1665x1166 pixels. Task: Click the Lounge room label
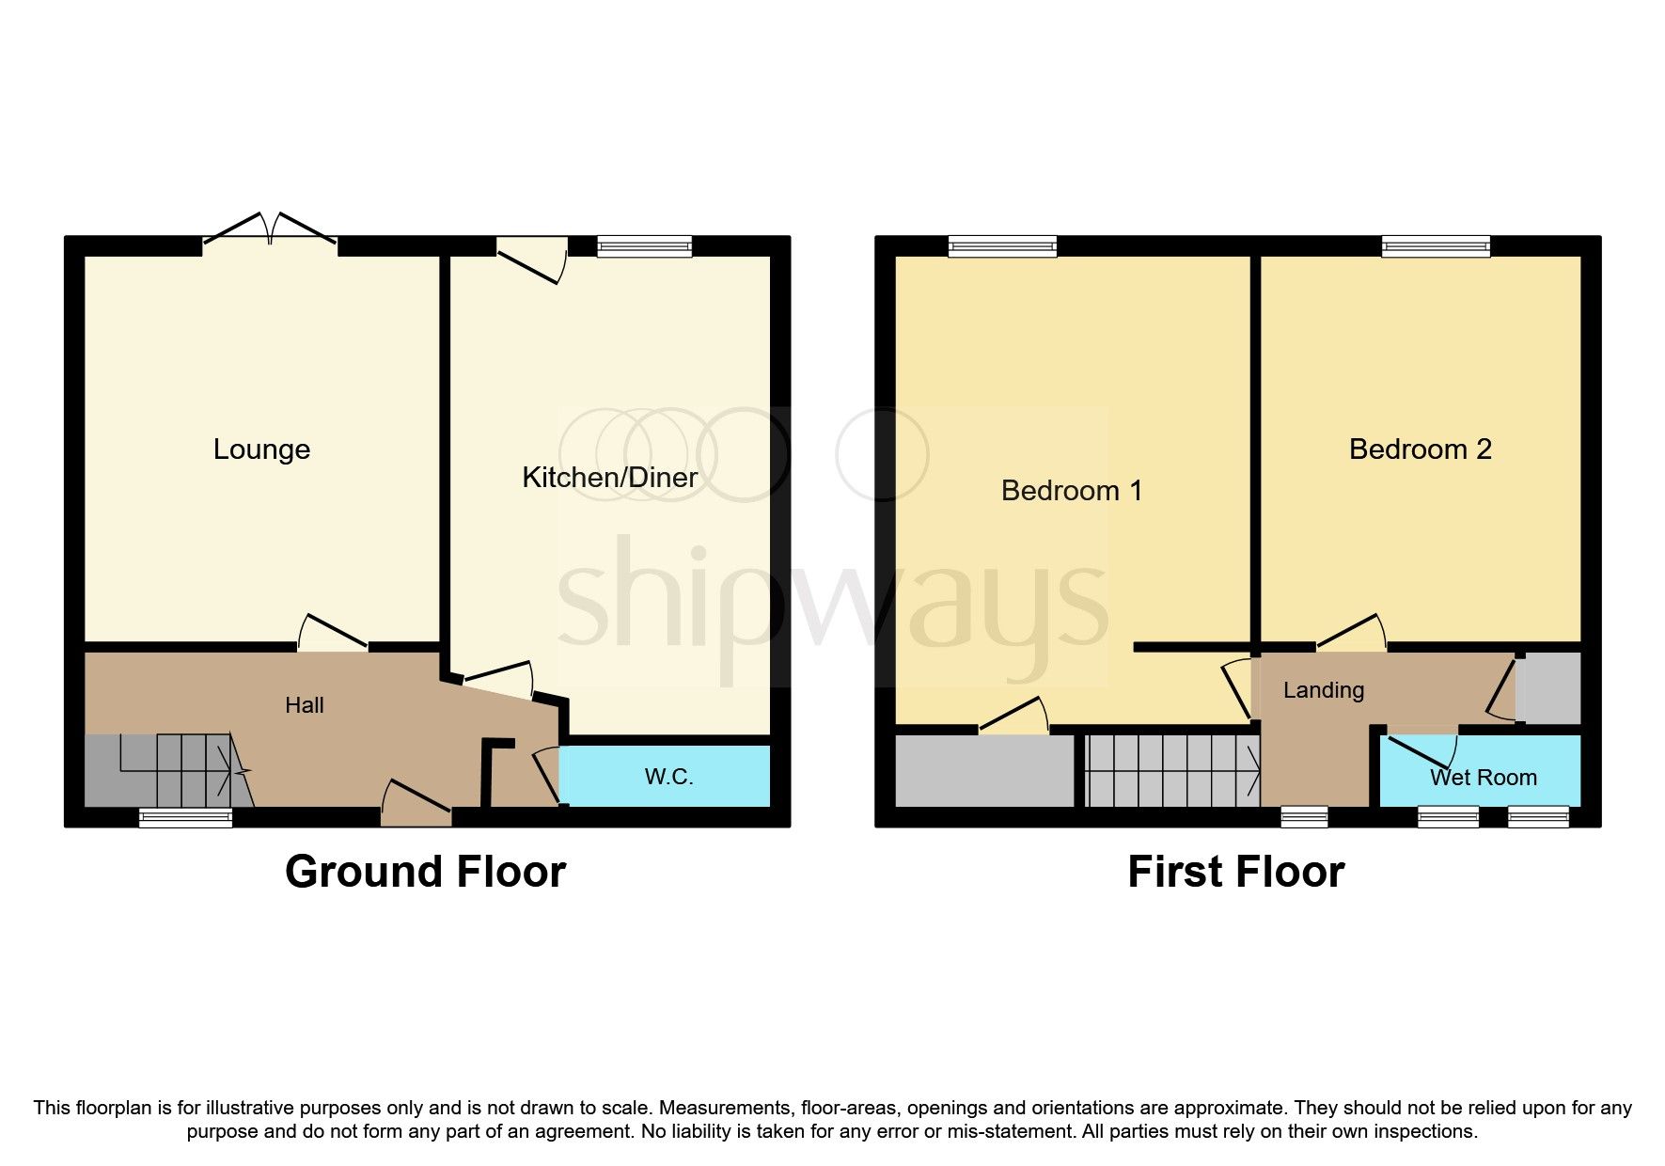(x=261, y=449)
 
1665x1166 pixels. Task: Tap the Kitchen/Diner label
(x=609, y=478)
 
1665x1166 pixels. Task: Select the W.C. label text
(x=668, y=777)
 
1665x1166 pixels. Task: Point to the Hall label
(x=304, y=705)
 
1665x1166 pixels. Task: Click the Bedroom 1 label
(x=1071, y=491)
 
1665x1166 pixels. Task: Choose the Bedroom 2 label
(x=1420, y=449)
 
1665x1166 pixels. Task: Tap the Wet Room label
(x=1483, y=778)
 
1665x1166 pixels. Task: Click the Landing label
(x=1323, y=690)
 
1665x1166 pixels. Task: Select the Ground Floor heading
(x=425, y=872)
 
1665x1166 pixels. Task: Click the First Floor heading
(x=1235, y=872)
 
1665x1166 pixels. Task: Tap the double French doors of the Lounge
(x=270, y=230)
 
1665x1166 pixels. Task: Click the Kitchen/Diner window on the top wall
(x=644, y=247)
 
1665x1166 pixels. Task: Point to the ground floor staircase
(x=165, y=770)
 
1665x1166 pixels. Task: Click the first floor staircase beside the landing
(x=1171, y=770)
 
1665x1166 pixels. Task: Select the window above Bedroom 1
(x=1002, y=247)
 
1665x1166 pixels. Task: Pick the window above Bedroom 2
(x=1435, y=247)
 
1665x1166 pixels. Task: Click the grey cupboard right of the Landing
(x=1547, y=688)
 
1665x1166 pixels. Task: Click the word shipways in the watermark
(x=832, y=602)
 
